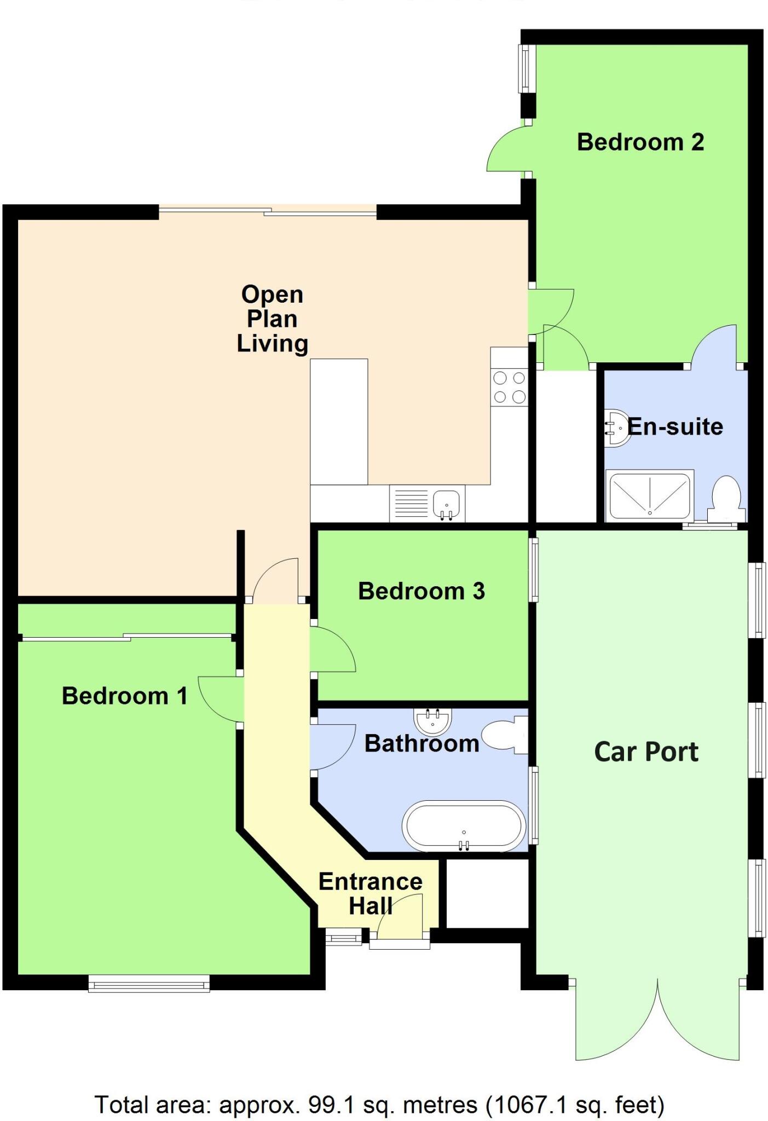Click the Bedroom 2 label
click(640, 142)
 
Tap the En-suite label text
click(675, 426)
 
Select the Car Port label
click(646, 752)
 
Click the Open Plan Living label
click(272, 319)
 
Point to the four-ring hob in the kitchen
click(509, 388)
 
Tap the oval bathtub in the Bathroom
click(464, 826)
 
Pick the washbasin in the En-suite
click(618, 428)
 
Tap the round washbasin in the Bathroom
click(432, 721)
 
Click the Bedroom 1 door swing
click(219, 700)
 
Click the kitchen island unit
click(339, 421)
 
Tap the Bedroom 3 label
click(421, 591)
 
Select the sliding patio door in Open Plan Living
click(268, 211)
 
